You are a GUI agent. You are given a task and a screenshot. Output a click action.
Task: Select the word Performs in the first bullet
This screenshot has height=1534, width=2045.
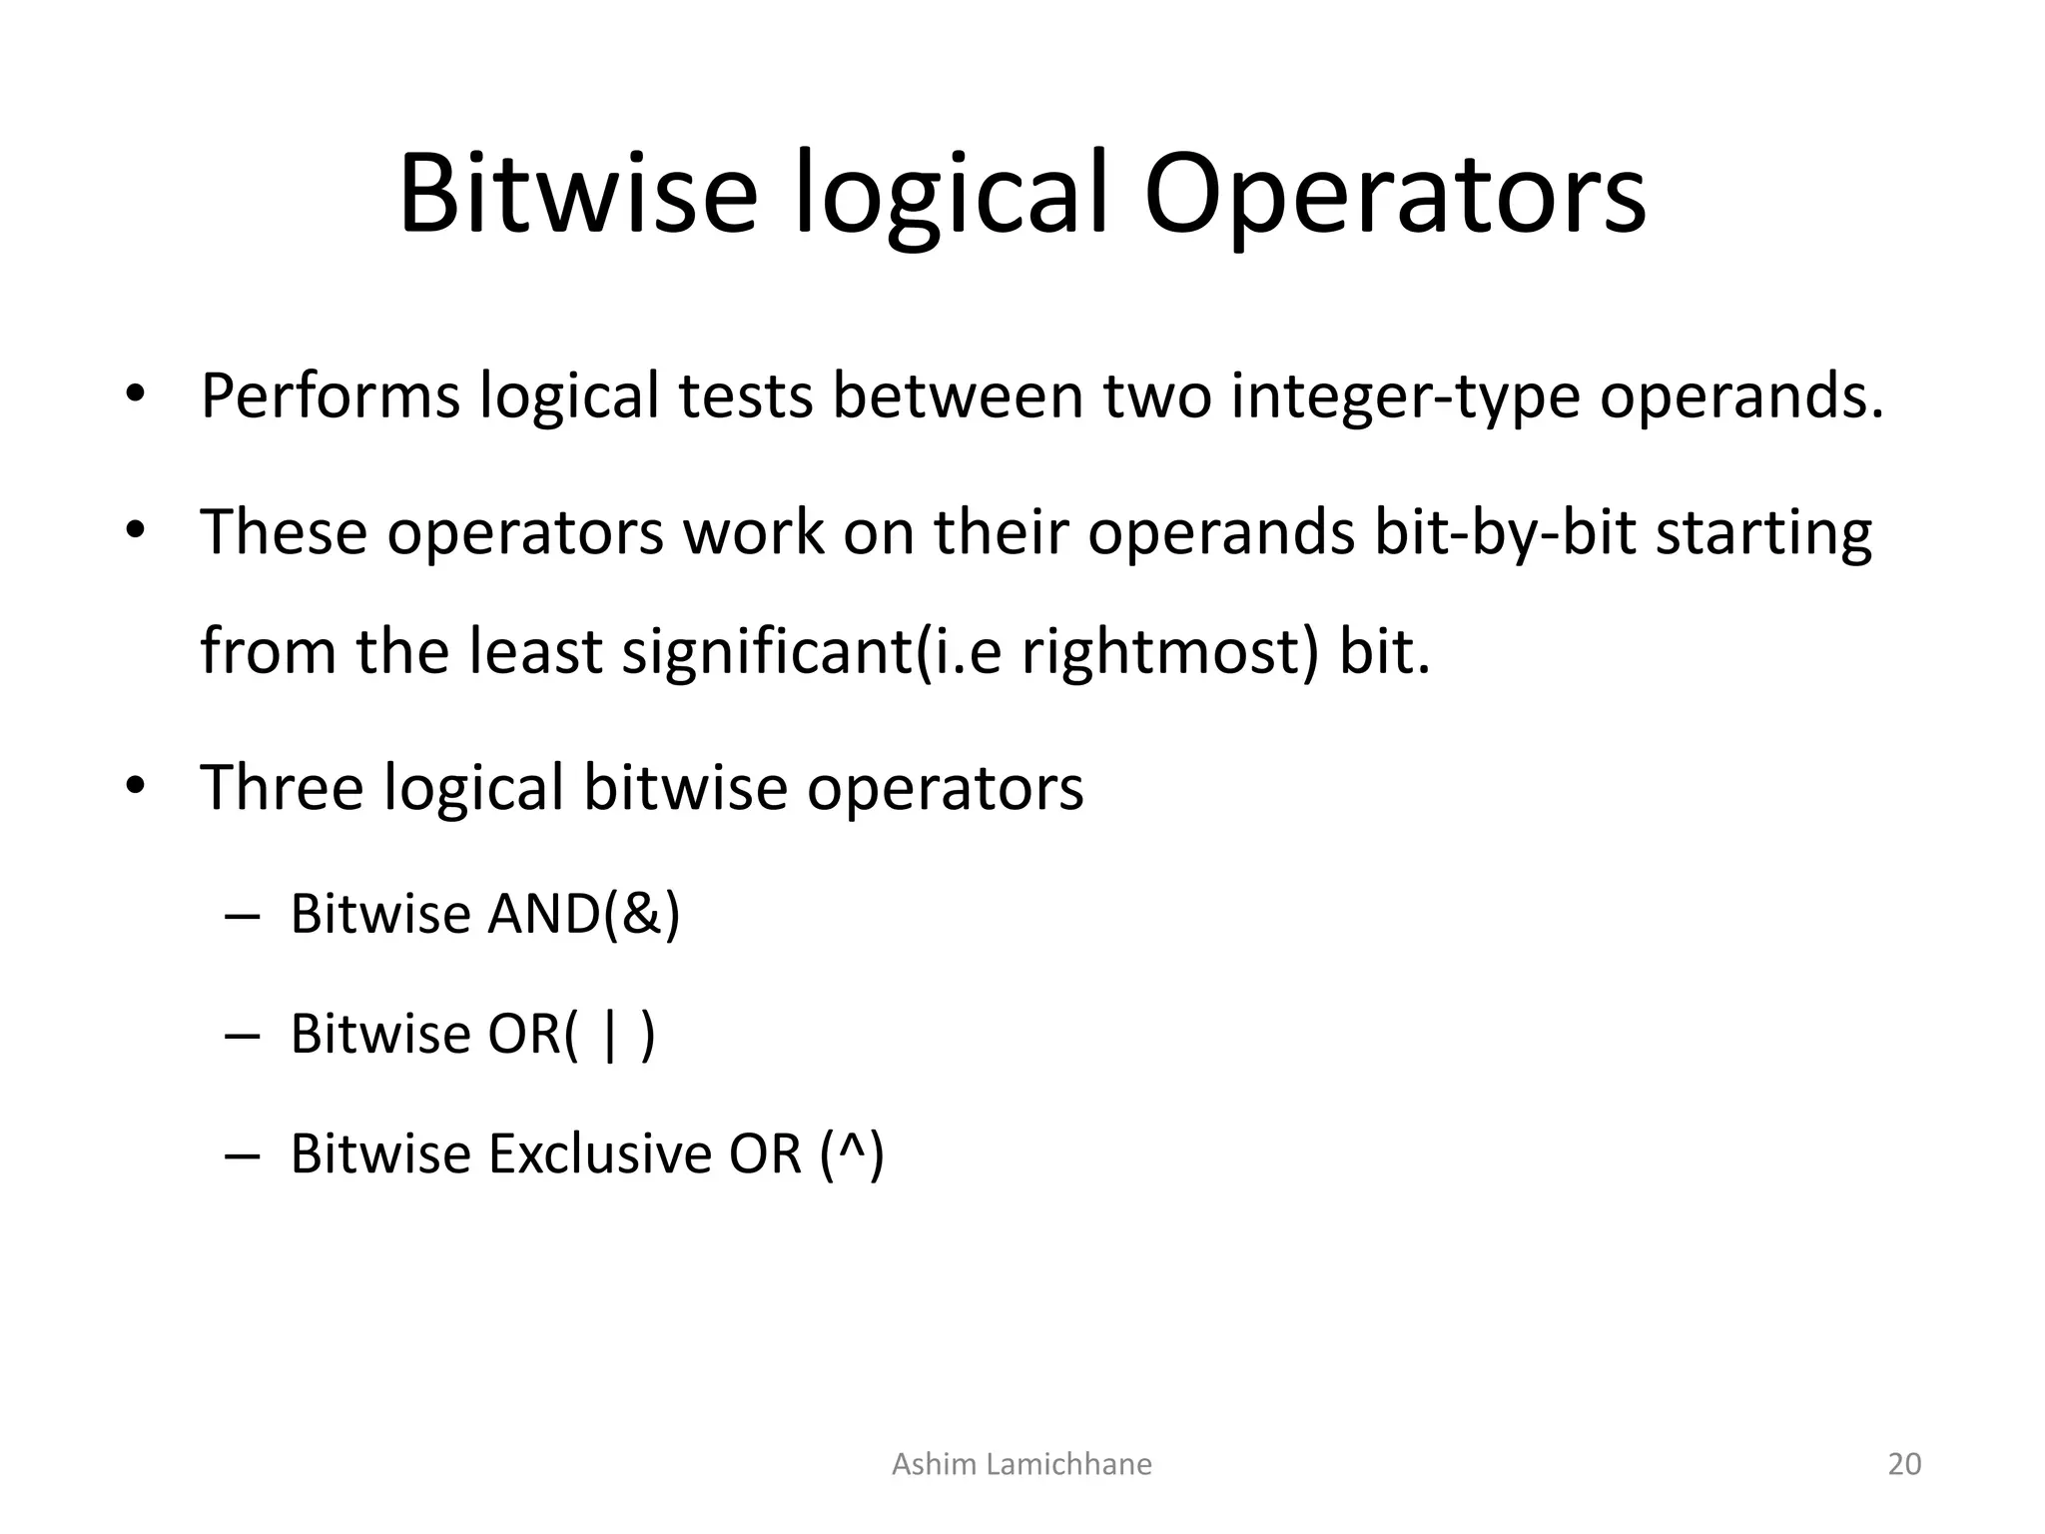point(330,395)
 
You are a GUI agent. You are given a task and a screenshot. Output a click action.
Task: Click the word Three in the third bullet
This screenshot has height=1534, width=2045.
point(282,787)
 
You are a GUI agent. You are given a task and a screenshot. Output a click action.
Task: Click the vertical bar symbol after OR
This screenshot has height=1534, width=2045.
point(610,1035)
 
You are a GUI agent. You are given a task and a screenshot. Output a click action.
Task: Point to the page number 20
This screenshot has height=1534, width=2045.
point(1904,1464)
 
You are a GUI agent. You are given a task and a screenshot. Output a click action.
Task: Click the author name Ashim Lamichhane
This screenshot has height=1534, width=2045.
point(1021,1464)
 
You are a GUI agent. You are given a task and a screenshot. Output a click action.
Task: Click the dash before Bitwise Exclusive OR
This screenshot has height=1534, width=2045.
point(242,1156)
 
